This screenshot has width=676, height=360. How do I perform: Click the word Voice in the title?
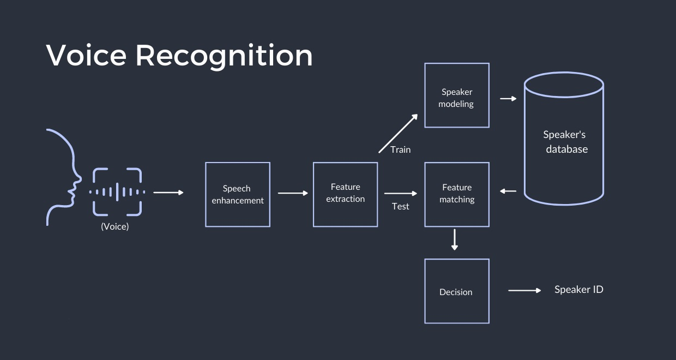(86, 55)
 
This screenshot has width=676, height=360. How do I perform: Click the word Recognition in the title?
(224, 57)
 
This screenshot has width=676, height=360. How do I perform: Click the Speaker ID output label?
(579, 290)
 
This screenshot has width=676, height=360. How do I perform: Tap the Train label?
(401, 149)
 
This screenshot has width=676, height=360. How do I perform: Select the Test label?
(401, 206)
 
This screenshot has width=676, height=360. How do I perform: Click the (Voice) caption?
(115, 226)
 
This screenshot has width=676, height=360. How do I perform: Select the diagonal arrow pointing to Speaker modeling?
(399, 134)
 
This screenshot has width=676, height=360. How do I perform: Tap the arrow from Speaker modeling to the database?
(508, 99)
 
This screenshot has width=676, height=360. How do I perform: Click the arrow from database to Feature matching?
(508, 191)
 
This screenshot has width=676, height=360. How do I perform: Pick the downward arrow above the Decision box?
(455, 240)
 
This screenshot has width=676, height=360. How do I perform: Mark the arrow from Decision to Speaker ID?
(524, 291)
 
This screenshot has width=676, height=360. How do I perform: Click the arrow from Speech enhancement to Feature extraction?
(293, 193)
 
